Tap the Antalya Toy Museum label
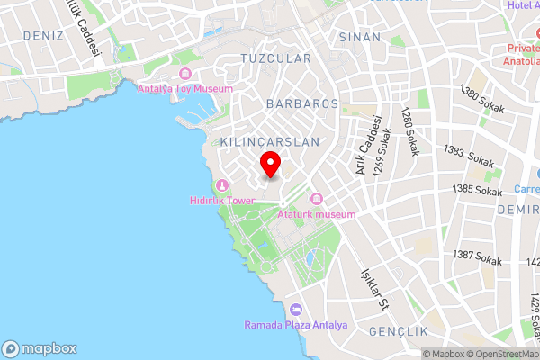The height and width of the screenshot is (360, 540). coord(184,89)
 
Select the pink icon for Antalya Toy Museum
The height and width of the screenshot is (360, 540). coord(185,74)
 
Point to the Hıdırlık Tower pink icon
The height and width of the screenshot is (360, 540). coord(220,185)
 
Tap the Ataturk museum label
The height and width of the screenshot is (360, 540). coord(317,214)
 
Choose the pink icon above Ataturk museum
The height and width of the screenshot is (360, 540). coord(316,199)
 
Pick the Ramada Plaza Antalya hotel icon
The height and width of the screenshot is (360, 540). coord(296,310)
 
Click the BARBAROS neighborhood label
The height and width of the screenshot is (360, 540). coord(302,104)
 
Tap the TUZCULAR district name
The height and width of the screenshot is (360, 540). coord(275,58)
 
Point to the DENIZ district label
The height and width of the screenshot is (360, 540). coord(33,36)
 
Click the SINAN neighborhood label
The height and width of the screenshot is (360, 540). coord(360,37)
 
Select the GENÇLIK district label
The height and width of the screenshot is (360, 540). coord(399,332)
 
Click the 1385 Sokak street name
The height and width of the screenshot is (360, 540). coord(477,190)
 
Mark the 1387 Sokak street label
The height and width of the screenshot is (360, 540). coord(478,257)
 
